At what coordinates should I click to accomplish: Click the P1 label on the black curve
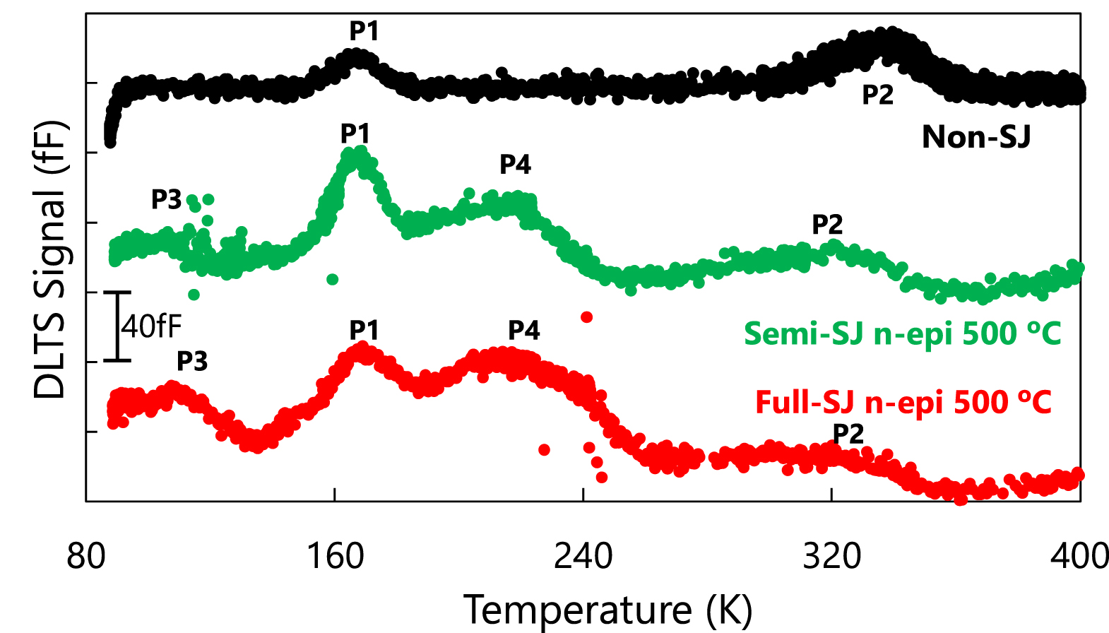tap(364, 31)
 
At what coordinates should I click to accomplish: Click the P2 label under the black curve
tap(877, 95)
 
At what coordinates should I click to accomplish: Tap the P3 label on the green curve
tap(167, 200)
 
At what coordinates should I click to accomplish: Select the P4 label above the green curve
tap(515, 165)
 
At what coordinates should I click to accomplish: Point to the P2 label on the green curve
tap(827, 225)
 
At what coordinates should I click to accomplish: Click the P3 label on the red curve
tap(192, 361)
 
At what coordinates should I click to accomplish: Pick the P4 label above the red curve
tap(523, 330)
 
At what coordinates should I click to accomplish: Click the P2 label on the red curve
tap(848, 434)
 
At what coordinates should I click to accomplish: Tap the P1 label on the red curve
tap(364, 330)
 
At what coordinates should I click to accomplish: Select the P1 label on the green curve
tap(355, 133)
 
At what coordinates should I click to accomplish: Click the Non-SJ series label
tap(975, 137)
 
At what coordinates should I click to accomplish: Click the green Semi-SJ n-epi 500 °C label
tap(902, 333)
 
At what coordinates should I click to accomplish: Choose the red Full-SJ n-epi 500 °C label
tap(903, 403)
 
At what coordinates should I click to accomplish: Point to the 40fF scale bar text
tap(151, 326)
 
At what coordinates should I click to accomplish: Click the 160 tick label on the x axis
tap(335, 556)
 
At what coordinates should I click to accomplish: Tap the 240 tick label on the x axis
tap(583, 556)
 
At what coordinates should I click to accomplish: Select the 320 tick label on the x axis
tap(831, 556)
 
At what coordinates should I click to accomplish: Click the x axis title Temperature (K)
tap(607, 609)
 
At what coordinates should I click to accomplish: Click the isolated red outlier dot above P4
tap(586, 317)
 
